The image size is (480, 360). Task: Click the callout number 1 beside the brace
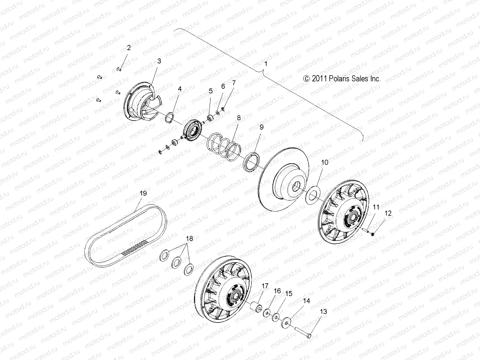point(265,64)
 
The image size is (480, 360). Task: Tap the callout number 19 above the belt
point(143,193)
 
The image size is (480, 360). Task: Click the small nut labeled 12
point(372,234)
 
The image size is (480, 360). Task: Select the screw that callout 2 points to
point(119,69)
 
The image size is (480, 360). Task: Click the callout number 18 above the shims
point(190,238)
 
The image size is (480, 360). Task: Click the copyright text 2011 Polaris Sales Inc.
point(342,79)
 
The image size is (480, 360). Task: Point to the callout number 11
point(376,207)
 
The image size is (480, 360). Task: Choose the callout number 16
point(277,291)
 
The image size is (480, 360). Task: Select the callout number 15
point(288,294)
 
